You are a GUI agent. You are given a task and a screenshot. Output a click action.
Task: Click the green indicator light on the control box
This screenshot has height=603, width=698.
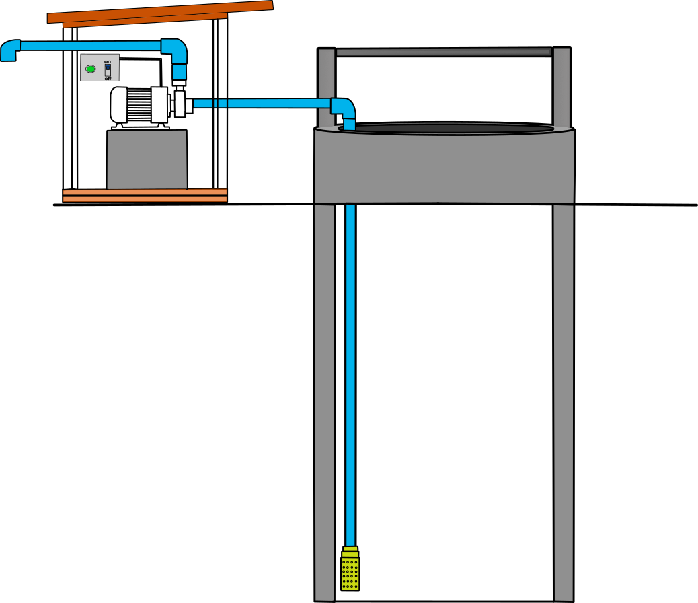[90, 68]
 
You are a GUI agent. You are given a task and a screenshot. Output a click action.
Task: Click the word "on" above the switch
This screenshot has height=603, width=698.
[107, 62]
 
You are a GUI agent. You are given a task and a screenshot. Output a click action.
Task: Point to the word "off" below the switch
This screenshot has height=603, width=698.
[108, 78]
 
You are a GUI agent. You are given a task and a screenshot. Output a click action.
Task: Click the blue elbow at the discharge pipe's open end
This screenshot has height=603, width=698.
[9, 50]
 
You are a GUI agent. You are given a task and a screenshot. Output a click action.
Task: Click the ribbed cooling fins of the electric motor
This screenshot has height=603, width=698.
[139, 104]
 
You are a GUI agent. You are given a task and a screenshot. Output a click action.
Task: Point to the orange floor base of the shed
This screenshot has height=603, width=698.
[145, 195]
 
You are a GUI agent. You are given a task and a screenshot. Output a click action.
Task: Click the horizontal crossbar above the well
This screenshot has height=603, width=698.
[444, 52]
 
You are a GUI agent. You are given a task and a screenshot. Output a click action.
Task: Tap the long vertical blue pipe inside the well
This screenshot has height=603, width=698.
[350, 370]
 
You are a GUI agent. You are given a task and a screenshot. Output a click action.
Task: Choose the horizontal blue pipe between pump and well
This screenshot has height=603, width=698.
[262, 103]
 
